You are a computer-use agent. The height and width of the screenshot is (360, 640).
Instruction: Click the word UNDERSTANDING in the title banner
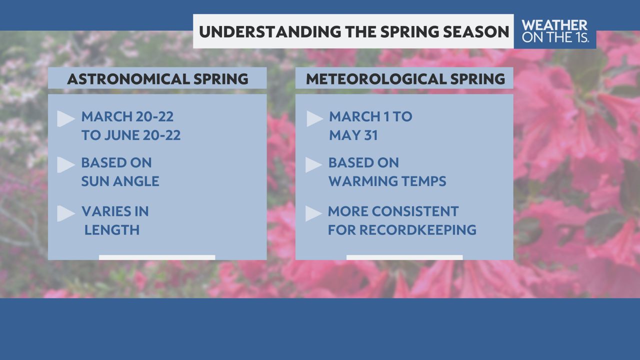click(x=269, y=31)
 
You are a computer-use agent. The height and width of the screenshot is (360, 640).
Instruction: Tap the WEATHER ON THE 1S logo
click(x=554, y=31)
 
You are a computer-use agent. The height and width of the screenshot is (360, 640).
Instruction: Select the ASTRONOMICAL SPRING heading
click(x=157, y=79)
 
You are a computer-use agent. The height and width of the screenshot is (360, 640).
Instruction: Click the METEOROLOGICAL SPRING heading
click(x=405, y=79)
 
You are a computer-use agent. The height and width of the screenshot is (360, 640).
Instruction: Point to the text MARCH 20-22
click(x=127, y=116)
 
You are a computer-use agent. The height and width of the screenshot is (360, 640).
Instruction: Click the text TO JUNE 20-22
click(x=131, y=135)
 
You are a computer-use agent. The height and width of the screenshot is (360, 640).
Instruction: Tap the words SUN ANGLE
click(x=120, y=181)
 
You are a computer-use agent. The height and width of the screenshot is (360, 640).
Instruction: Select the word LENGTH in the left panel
click(x=112, y=229)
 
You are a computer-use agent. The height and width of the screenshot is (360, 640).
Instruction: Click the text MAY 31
click(x=353, y=135)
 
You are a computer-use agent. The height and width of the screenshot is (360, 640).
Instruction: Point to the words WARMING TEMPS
click(x=387, y=181)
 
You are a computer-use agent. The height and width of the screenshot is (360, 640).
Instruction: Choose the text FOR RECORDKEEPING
click(x=402, y=229)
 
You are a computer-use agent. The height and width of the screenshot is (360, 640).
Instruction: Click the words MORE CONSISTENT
click(x=393, y=211)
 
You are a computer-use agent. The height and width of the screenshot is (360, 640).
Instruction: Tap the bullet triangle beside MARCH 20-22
click(x=65, y=118)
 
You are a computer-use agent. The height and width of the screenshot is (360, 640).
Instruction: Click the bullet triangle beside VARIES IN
click(x=65, y=213)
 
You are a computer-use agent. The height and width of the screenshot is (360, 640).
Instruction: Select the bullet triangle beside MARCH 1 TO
click(x=314, y=118)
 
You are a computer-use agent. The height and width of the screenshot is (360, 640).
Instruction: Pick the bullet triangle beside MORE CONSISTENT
click(x=313, y=213)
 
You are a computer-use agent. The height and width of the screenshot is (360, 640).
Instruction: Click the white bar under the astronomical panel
click(x=157, y=257)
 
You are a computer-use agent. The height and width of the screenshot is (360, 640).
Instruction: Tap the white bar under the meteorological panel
click(x=404, y=257)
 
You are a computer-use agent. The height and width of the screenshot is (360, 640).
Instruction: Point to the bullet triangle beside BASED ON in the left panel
click(x=65, y=165)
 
